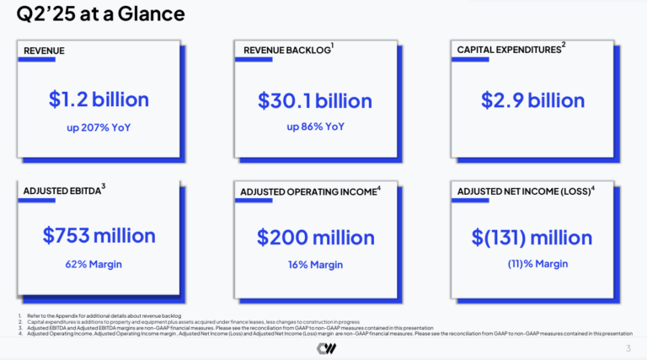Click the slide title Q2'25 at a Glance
click(101, 14)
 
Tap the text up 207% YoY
click(99, 128)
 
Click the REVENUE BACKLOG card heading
click(286, 51)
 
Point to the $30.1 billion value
click(314, 100)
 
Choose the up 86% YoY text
click(315, 127)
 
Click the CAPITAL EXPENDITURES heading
click(509, 51)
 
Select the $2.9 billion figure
click(532, 99)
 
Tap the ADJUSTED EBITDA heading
click(61, 191)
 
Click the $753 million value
click(99, 236)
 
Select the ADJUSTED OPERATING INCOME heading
click(308, 192)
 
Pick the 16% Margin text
click(315, 265)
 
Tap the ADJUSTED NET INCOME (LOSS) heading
click(525, 192)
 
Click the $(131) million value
click(532, 237)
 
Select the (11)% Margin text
click(537, 264)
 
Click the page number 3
click(628, 348)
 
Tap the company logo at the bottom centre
click(323, 347)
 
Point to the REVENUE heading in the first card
click(44, 51)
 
